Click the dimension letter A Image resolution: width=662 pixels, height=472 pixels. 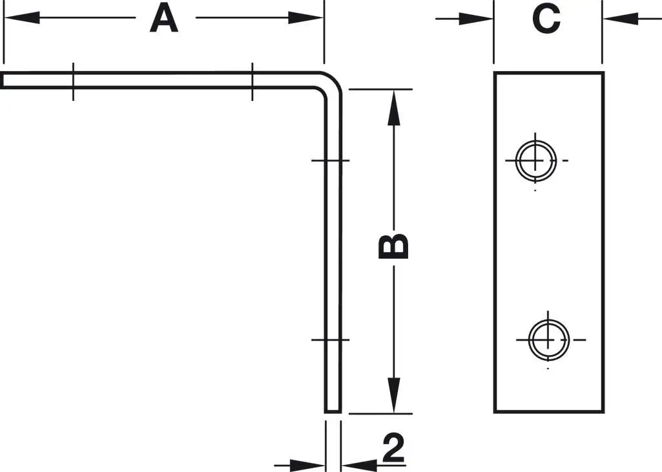[x=164, y=19]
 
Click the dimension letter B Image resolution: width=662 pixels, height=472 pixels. [x=394, y=246]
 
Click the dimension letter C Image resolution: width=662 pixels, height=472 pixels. [x=546, y=19]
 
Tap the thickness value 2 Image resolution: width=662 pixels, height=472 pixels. [x=393, y=448]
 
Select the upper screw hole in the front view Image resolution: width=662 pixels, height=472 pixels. [x=535, y=160]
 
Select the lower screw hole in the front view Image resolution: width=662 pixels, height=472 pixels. [x=548, y=339]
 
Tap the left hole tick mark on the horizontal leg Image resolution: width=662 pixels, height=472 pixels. [x=73, y=81]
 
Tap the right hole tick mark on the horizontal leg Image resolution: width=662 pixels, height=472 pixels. [x=252, y=81]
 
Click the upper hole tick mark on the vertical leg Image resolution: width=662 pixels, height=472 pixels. [x=331, y=160]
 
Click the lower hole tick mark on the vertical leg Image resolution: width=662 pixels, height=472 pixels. [x=331, y=339]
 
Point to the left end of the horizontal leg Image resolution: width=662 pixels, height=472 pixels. [x=3, y=80]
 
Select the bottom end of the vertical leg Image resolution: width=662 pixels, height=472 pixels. [x=332, y=409]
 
